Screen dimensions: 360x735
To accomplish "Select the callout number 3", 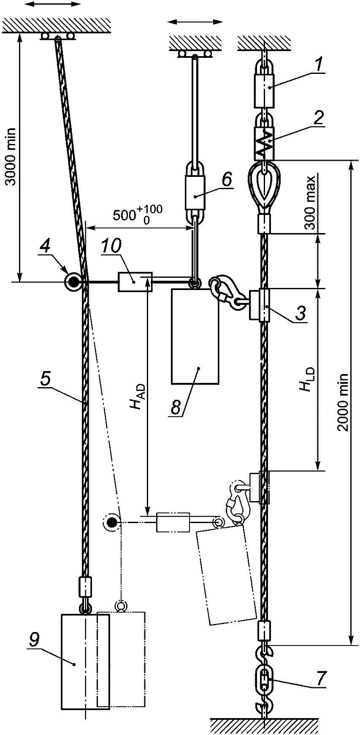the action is point(300,313).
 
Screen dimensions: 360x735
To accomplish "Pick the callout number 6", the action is point(227,180).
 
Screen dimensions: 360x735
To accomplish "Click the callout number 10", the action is point(111,246).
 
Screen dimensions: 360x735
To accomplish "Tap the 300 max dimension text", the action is point(311,202).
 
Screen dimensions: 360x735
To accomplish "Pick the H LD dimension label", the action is point(307,380).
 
